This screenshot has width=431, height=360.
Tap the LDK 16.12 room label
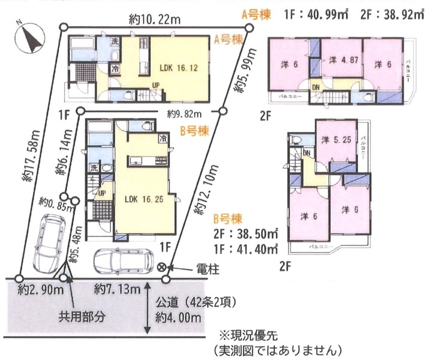coord(178,68)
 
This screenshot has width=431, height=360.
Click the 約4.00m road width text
coord(178,318)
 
